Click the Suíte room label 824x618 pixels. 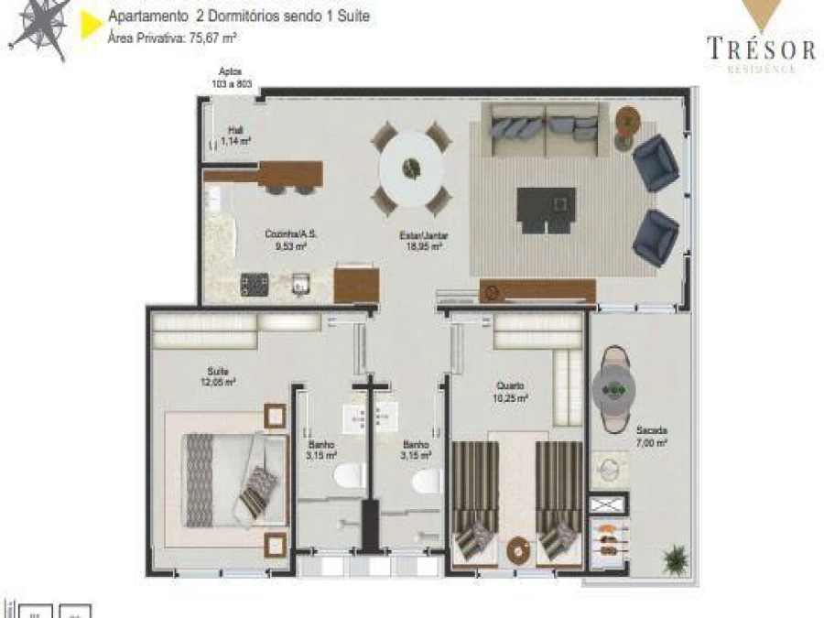217,376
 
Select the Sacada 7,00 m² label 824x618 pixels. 651,436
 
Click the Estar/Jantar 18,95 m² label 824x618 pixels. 424,240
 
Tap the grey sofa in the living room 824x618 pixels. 545,129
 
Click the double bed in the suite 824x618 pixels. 237,475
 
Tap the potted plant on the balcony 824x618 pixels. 676,558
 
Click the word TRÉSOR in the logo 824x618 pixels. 761,49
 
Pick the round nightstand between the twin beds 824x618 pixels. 517,552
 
